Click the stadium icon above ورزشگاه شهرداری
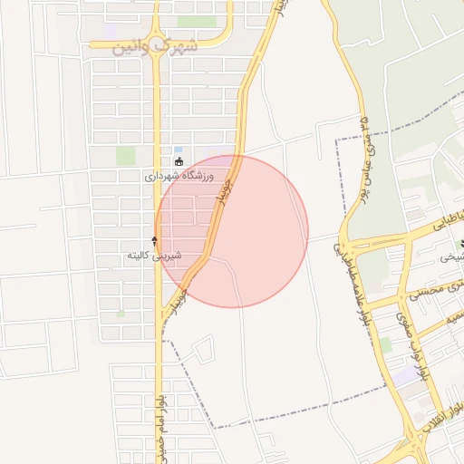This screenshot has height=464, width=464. click(179, 162)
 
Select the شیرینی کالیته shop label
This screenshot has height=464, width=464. click(154, 256)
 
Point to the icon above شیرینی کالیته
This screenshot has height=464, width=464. click(154, 241)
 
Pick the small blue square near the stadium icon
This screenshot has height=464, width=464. click(178, 150)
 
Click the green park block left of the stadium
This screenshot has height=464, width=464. click(125, 155)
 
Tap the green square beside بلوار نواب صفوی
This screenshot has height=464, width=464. click(386, 345)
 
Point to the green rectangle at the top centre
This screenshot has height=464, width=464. click(197, 20)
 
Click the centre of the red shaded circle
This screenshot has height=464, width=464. click(232, 231)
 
